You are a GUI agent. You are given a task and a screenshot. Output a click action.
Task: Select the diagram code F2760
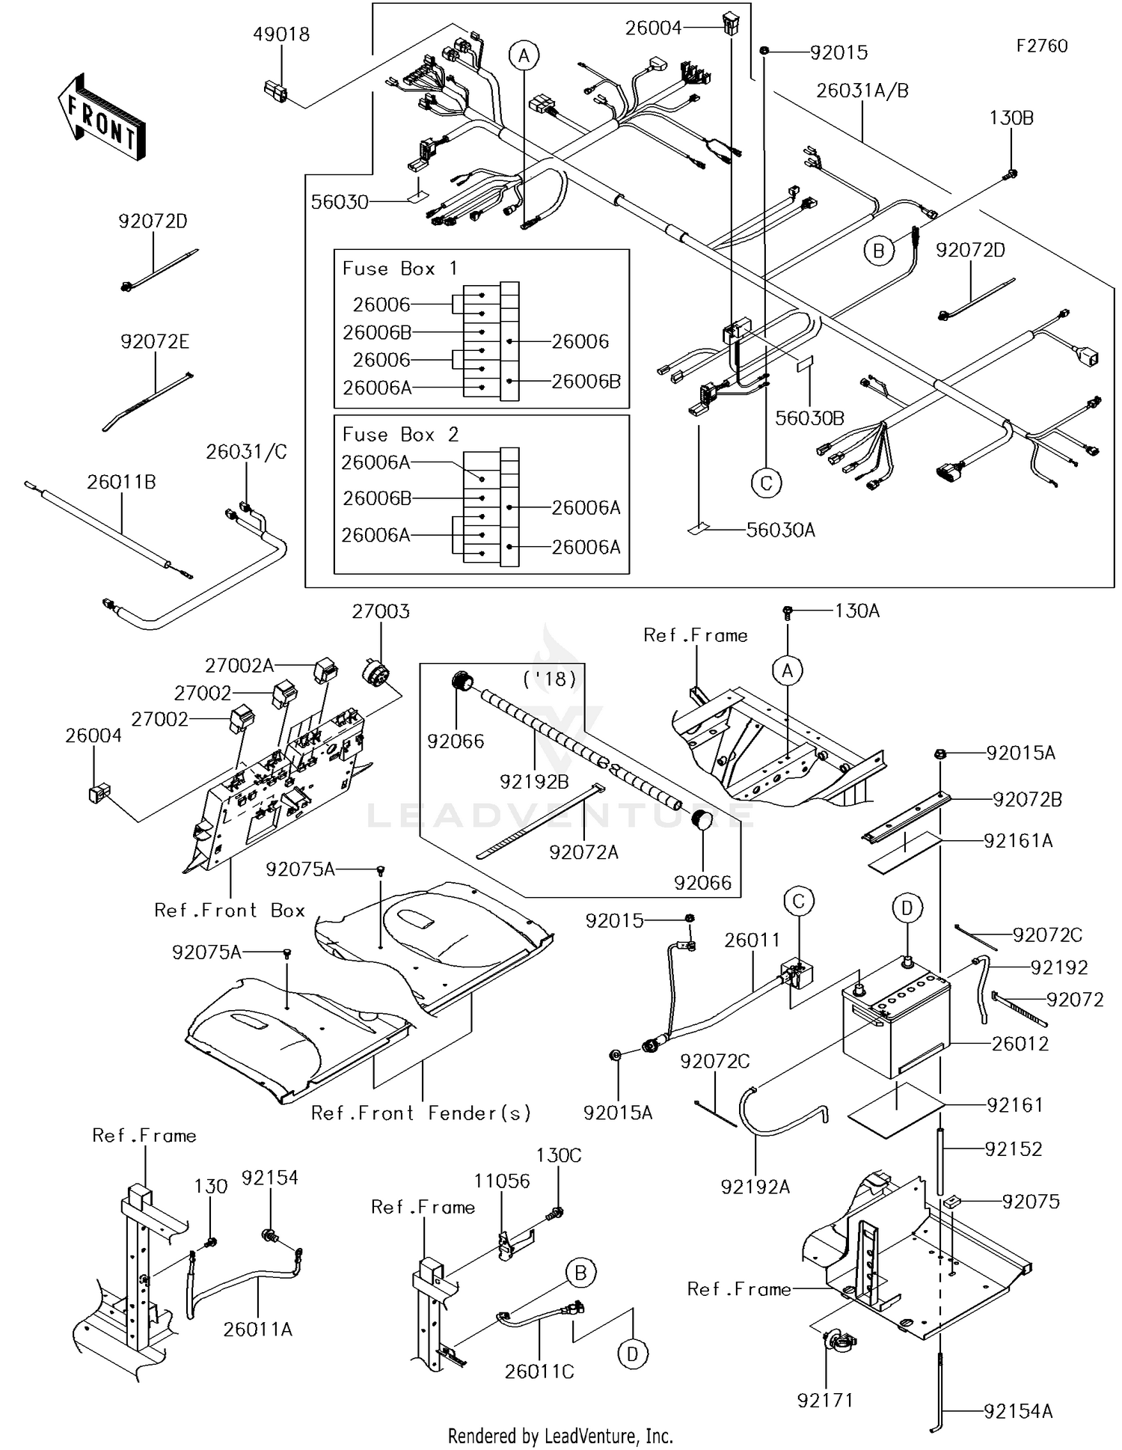[x=1041, y=46]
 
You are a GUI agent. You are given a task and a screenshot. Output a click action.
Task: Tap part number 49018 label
[x=281, y=34]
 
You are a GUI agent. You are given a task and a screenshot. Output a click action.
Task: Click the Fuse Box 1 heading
[x=399, y=269]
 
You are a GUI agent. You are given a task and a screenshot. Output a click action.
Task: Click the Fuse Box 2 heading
[x=400, y=435]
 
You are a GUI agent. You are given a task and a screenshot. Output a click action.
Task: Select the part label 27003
[x=381, y=612]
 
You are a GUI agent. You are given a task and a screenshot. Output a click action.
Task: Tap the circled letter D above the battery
[x=907, y=908]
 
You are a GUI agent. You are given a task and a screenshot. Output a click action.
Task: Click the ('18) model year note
[x=551, y=679]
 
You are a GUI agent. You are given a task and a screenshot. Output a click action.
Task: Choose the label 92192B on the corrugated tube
[x=534, y=782]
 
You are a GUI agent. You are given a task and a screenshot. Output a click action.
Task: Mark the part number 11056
[x=501, y=1181]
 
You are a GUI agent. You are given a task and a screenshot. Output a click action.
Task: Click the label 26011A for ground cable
[x=257, y=1330]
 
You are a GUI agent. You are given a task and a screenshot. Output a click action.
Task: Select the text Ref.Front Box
[x=230, y=911]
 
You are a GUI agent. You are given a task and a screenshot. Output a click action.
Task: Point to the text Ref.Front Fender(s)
[x=421, y=1113]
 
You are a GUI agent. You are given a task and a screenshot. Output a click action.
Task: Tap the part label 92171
[x=825, y=1401]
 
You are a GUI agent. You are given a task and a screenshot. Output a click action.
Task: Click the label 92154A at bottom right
[x=1018, y=1411]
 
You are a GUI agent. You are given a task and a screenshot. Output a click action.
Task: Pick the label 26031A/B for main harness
[x=862, y=91]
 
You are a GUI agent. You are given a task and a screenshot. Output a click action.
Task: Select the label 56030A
[x=781, y=530]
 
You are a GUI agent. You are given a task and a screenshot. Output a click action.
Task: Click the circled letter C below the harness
[x=766, y=483]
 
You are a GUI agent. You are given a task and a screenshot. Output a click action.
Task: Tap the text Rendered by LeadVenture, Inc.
[x=560, y=1436]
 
